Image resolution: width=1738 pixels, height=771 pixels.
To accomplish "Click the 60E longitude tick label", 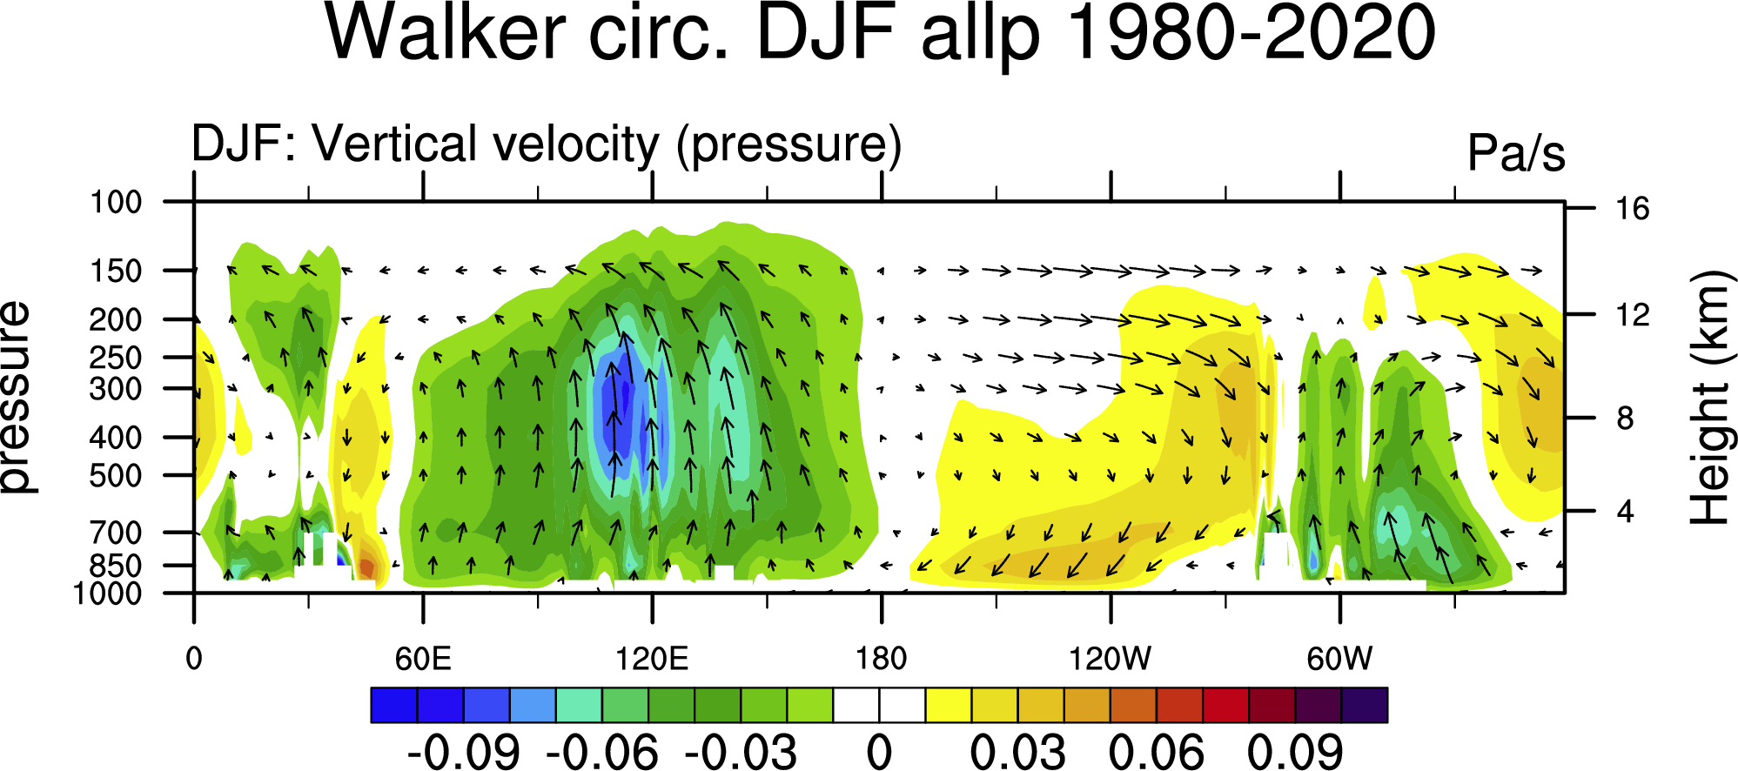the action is click(x=423, y=659).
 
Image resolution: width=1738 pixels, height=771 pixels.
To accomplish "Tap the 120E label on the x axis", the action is click(x=652, y=659).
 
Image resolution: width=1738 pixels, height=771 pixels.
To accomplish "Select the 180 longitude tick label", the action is click(x=882, y=659).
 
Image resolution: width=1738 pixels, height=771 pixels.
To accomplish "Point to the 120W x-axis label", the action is click(x=1111, y=659).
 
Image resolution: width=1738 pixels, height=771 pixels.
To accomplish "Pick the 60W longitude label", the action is click(x=1339, y=659).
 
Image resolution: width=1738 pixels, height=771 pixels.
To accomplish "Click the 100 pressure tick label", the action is click(x=116, y=202).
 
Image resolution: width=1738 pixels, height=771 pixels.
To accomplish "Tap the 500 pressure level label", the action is click(x=116, y=476).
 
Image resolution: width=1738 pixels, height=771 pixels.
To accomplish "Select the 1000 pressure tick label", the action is click(x=107, y=594).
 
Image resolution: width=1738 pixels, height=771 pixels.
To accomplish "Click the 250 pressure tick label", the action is click(x=116, y=358).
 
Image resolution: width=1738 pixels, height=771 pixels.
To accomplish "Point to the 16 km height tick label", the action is click(x=1633, y=209).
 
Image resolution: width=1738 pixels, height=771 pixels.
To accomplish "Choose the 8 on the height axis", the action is click(x=1625, y=419).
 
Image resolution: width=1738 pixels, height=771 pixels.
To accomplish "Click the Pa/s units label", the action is click(x=1516, y=154).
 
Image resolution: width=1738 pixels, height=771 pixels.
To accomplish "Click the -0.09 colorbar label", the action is click(x=464, y=752).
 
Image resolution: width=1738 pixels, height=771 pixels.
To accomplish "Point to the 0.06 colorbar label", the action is click(x=1157, y=752).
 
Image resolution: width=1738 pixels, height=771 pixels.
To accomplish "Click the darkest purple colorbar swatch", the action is click(x=1365, y=705).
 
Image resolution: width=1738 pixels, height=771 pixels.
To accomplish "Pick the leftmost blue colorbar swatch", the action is click(x=394, y=705).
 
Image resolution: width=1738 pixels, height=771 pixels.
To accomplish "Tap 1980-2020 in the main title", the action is click(x=1251, y=33).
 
